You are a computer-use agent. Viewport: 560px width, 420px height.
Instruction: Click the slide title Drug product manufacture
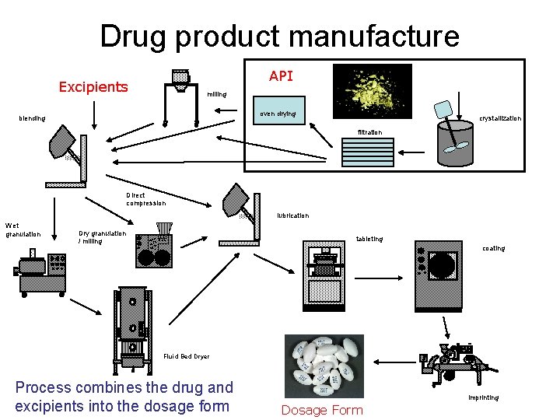point(279,37)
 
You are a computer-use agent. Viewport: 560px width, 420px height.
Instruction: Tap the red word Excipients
point(93,86)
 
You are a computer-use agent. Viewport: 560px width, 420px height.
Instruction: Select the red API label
point(281,75)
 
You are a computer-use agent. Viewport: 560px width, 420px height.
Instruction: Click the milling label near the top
point(216,94)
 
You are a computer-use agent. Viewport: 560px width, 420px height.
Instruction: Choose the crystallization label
point(500,118)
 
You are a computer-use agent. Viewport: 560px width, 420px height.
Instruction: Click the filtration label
point(370,132)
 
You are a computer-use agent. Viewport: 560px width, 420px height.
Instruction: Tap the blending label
point(32,118)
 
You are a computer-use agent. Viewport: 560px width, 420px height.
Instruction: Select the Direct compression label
point(145,199)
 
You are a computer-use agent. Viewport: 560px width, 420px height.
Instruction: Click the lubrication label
point(293,215)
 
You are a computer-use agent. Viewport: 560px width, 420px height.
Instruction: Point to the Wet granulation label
point(23,229)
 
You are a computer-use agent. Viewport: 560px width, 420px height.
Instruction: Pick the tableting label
point(369,239)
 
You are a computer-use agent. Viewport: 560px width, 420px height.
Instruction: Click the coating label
point(493,248)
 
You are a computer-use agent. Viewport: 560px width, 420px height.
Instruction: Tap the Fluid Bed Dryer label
point(186,356)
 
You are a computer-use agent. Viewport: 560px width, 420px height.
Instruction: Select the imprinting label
point(483,397)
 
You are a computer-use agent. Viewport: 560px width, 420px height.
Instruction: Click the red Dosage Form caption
point(322,410)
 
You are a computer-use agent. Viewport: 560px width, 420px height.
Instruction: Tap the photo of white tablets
point(324,365)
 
